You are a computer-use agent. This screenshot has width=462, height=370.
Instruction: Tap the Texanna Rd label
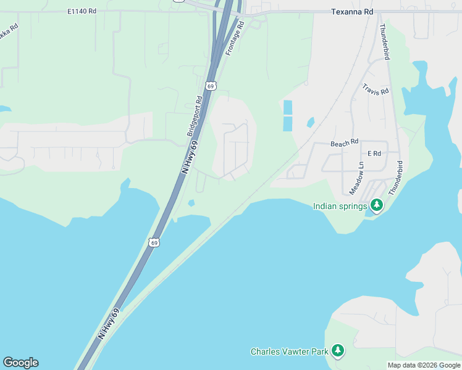352,11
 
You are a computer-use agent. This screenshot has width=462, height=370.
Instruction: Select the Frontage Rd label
235,38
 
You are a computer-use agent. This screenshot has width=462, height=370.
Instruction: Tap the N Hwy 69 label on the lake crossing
109,324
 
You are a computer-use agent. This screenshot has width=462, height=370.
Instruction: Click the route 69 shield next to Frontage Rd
211,86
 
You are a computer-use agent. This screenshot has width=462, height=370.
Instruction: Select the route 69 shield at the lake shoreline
154,243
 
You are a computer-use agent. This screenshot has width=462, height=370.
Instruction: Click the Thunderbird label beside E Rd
396,178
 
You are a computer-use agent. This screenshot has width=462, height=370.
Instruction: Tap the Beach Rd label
344,143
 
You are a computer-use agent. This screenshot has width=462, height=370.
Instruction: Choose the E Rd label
374,153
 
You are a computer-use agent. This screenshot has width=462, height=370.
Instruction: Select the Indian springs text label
340,206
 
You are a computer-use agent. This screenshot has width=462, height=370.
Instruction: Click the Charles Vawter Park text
288,351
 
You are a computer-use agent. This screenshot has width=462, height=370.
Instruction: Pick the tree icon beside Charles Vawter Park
337,351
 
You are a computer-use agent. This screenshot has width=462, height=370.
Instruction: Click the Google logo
20,363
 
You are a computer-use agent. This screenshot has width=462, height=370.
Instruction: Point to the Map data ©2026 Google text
424,365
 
